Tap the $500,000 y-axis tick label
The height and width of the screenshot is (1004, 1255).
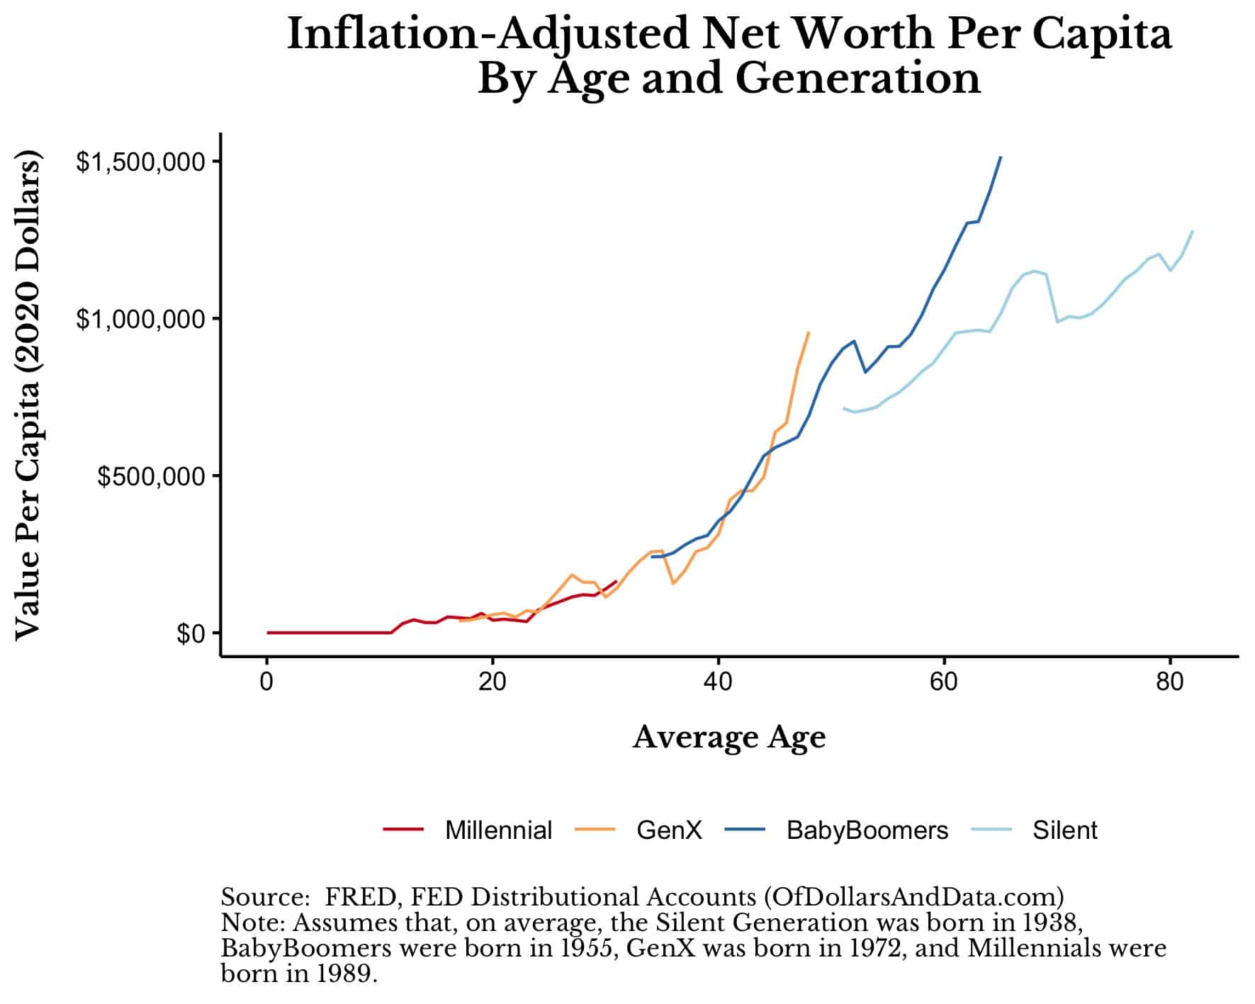pyautogui.click(x=150, y=476)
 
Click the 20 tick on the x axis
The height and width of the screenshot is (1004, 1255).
pyautogui.click(x=492, y=682)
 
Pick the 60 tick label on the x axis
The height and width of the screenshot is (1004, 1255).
pyautogui.click(x=943, y=682)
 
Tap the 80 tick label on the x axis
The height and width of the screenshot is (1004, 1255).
pyautogui.click(x=1169, y=682)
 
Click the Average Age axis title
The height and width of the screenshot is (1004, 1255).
pyautogui.click(x=728, y=738)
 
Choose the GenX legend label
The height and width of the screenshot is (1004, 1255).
pyautogui.click(x=669, y=830)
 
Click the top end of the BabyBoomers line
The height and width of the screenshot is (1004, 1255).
pyautogui.click(x=1000, y=157)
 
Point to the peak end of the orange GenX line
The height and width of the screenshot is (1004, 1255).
pyautogui.click(x=809, y=332)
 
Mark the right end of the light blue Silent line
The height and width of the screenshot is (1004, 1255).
pyautogui.click(x=1193, y=232)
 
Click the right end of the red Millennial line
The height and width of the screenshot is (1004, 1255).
pyautogui.click(x=616, y=582)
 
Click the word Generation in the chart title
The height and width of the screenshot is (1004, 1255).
pyautogui.click(x=857, y=78)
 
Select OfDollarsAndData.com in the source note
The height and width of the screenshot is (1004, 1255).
pyautogui.click(x=913, y=897)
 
